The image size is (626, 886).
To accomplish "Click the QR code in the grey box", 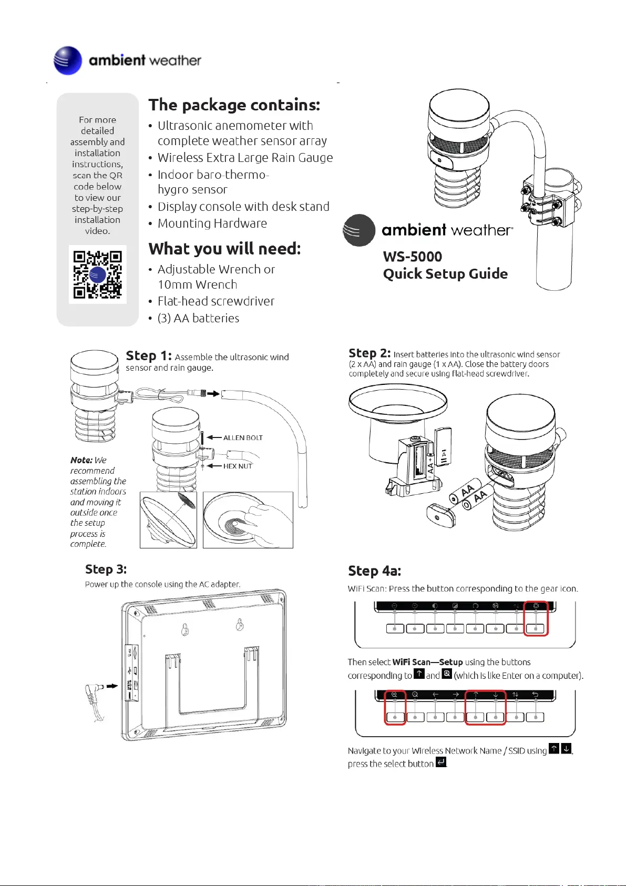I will tap(97, 274).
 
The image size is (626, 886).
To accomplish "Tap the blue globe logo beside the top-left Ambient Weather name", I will tap(68, 60).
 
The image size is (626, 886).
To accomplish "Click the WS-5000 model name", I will tap(413, 257).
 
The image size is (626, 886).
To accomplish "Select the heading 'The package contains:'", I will tap(234, 105).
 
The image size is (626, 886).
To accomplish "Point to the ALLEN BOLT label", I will tap(242, 437).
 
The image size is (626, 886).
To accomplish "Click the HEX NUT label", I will tap(238, 466).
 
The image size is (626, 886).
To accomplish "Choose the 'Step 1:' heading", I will tap(149, 356).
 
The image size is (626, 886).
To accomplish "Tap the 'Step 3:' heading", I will tap(106, 569).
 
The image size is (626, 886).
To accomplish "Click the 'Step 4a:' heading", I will tap(374, 571).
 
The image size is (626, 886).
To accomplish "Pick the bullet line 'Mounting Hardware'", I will tap(212, 223).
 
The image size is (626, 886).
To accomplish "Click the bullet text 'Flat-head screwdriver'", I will tap(216, 301).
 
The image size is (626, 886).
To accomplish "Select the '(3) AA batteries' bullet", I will tap(198, 318).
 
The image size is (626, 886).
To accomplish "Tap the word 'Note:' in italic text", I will tap(81, 460).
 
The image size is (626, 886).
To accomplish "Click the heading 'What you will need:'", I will tap(224, 249).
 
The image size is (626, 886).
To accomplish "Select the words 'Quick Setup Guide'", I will tap(445, 274).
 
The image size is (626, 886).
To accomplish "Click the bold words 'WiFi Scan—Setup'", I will tap(427, 662).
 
